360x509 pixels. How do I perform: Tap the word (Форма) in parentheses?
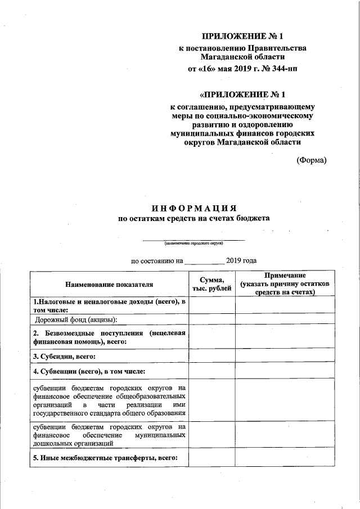[311, 160]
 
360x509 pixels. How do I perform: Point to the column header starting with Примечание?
[286, 285]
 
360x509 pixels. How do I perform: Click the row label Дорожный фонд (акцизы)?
[76, 320]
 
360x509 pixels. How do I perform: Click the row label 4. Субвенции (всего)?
[89, 372]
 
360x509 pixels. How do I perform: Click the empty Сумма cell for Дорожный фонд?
[211, 320]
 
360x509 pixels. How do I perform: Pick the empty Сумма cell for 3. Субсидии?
[211, 357]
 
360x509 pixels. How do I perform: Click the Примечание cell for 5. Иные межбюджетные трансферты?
[285, 459]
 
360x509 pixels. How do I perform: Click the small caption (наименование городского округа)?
[193, 244]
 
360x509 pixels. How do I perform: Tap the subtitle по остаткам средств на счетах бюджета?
[193, 218]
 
